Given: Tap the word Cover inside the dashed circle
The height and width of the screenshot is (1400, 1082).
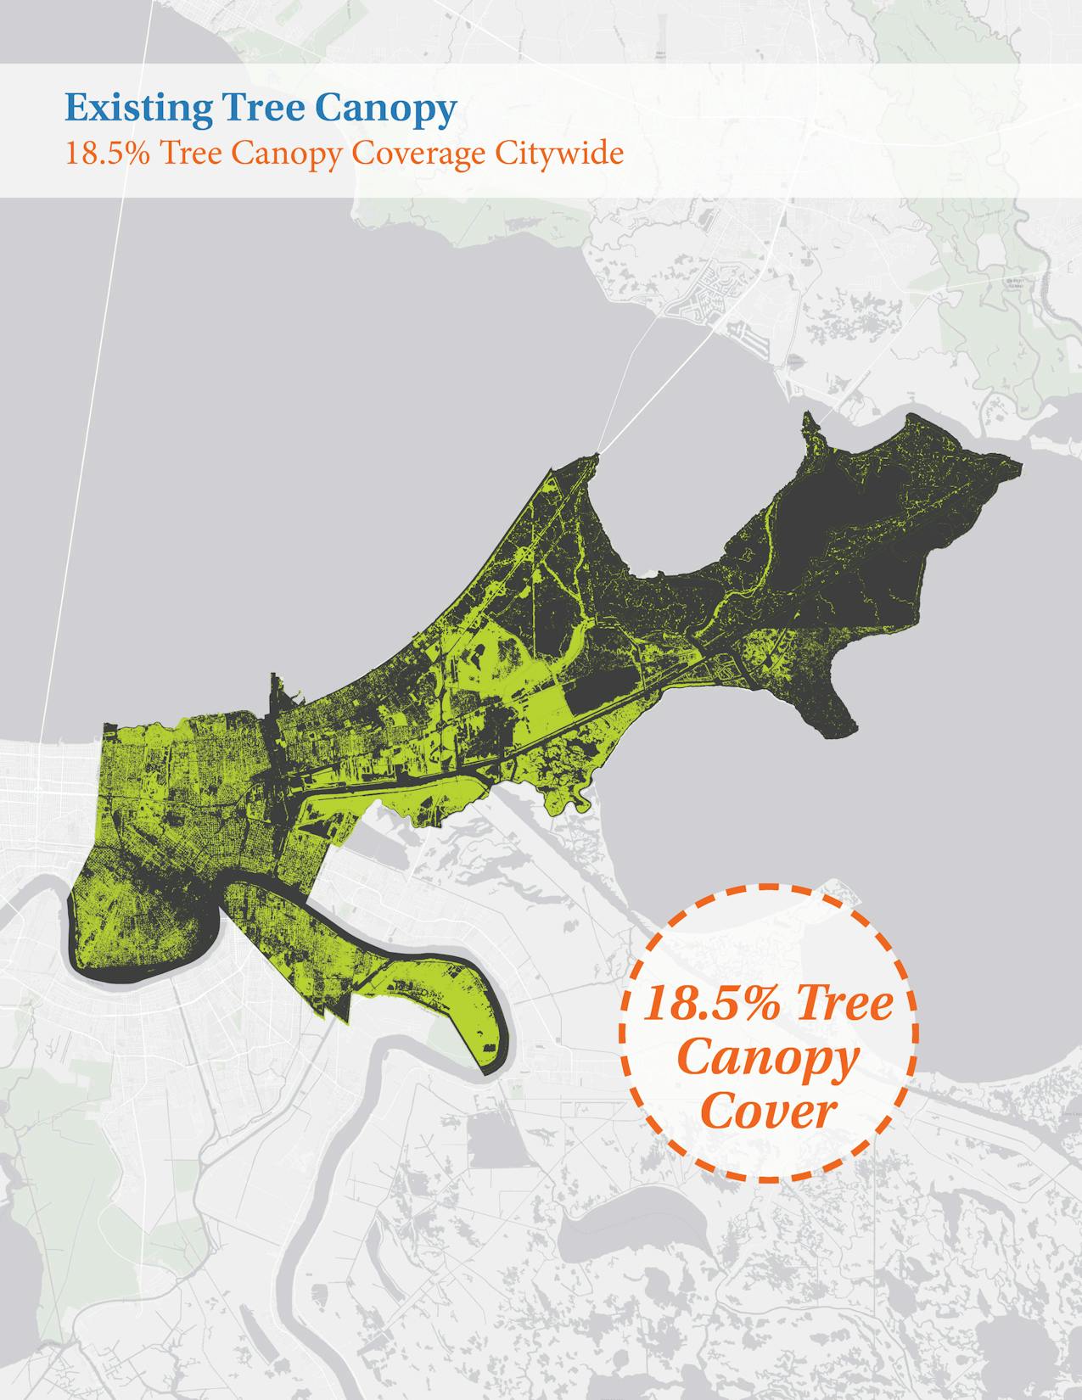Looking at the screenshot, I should [768, 1111].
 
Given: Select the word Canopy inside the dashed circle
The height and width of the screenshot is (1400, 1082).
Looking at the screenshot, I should [768, 1060].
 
